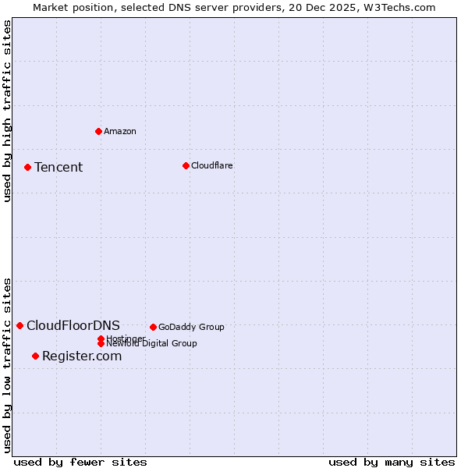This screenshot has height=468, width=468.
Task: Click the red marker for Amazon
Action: click(98, 131)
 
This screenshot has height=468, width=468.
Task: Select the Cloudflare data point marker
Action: click(186, 165)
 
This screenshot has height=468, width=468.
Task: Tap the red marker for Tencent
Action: click(27, 167)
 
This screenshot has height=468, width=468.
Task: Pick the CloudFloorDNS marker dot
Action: click(19, 325)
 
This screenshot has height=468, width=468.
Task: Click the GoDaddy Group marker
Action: click(153, 327)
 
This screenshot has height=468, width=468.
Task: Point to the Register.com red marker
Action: click(35, 356)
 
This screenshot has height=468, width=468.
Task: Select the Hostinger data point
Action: click(101, 339)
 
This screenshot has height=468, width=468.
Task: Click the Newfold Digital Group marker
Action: click(101, 343)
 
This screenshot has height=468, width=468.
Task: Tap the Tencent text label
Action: click(58, 167)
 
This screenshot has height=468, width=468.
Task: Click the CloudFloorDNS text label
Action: click(73, 325)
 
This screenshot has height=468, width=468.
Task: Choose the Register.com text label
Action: click(82, 356)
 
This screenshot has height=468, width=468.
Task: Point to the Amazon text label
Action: click(120, 131)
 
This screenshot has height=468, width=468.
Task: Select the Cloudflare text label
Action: click(211, 165)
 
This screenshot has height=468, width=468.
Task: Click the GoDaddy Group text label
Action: click(191, 327)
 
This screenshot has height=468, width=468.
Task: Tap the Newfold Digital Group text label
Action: click(152, 344)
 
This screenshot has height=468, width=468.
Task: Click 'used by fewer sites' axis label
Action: click(80, 462)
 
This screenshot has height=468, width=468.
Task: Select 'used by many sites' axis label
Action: click(392, 462)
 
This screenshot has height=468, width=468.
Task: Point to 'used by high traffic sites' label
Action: click(7, 111)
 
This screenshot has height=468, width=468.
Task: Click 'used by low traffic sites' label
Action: click(7, 364)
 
